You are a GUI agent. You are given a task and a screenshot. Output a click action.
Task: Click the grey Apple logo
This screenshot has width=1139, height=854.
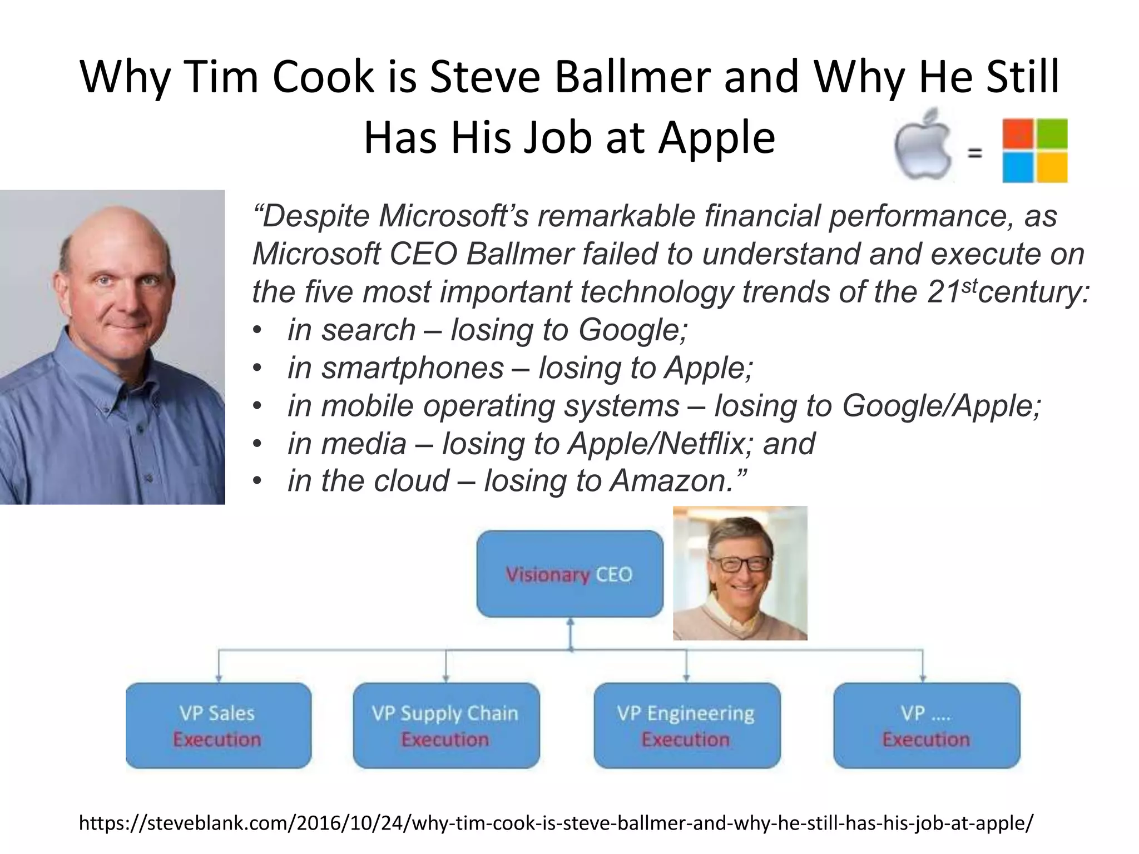click(923, 146)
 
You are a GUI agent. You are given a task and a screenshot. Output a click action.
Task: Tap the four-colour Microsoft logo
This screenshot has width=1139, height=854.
click(1034, 150)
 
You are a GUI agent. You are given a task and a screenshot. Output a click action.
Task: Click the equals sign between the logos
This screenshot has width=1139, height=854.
click(974, 152)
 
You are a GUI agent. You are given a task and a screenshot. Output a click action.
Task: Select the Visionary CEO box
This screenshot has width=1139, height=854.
click(569, 574)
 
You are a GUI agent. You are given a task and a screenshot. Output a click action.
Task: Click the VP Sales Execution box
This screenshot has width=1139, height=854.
click(218, 726)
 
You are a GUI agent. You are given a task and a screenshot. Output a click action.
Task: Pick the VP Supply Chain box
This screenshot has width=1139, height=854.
click(446, 726)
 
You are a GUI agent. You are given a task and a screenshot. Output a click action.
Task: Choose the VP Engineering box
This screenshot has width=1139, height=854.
click(687, 726)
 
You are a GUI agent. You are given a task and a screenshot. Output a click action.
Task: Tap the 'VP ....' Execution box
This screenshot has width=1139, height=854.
click(927, 726)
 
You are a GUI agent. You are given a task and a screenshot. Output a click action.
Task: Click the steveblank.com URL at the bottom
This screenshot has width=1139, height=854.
click(556, 822)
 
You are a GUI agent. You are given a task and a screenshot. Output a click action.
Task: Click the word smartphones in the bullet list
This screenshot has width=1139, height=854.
click(412, 368)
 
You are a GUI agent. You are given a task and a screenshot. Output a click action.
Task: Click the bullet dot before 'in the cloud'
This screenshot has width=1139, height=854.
click(256, 481)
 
